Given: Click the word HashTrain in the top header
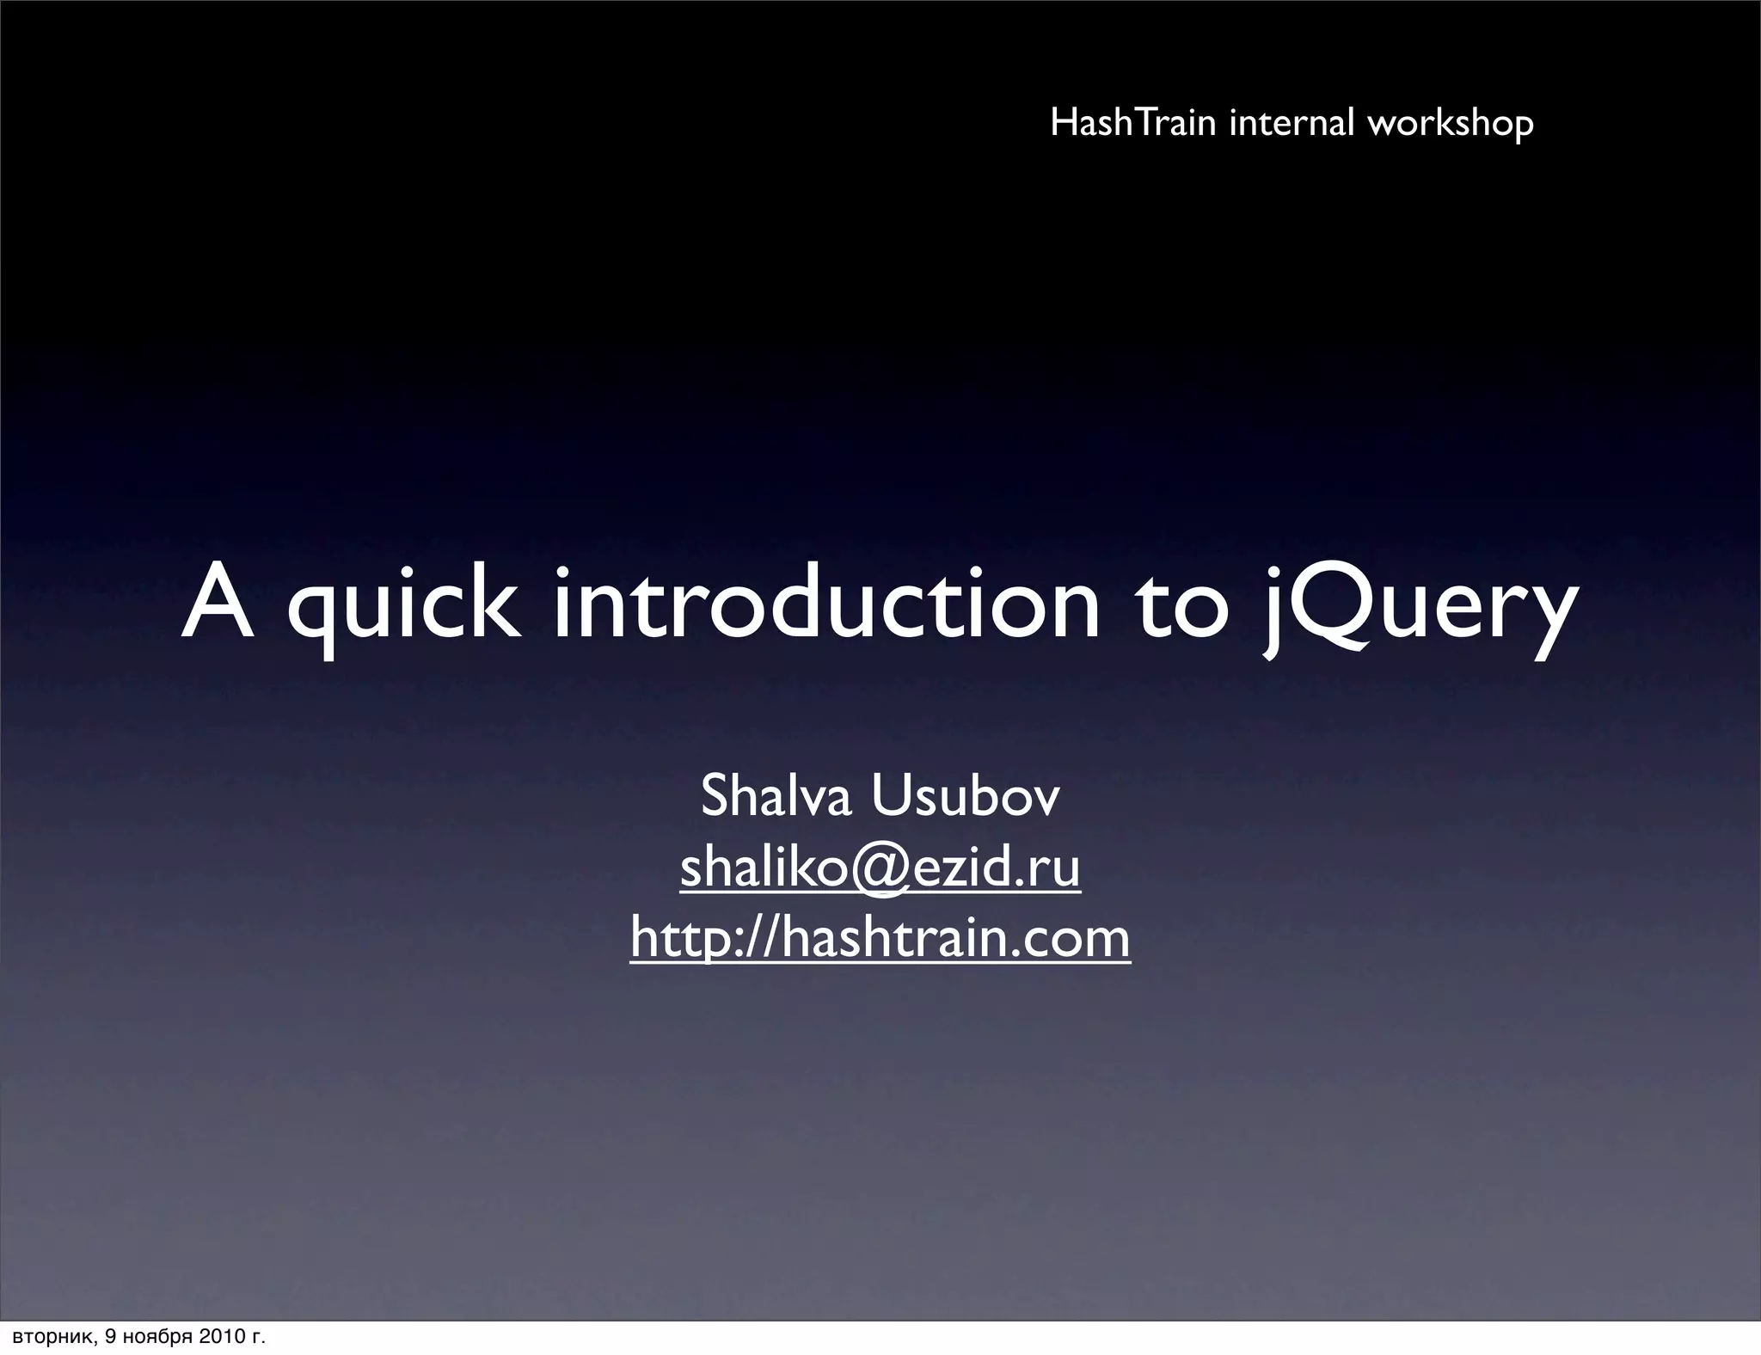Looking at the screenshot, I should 1132,123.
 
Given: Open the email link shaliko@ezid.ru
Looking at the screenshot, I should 880,868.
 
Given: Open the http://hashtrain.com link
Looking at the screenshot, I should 880,937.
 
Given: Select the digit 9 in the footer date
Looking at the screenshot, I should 110,1337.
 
